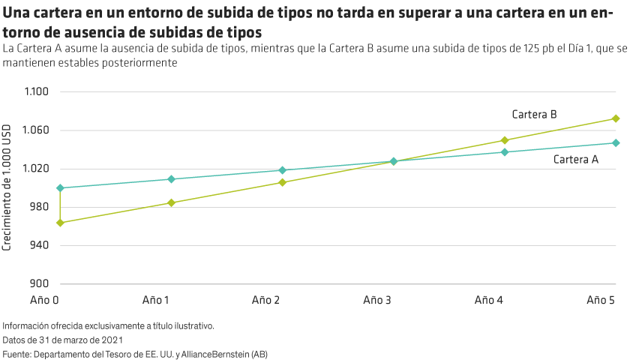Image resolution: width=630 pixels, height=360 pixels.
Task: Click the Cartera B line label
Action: point(533,115)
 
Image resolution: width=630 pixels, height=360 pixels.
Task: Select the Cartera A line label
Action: point(575,159)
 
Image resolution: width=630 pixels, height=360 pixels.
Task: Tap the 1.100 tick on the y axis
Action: point(35,91)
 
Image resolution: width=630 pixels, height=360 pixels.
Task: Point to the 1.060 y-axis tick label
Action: point(35,130)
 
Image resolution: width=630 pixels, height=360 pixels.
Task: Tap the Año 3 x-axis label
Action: point(376,300)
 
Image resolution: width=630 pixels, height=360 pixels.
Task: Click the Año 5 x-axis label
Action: point(601,300)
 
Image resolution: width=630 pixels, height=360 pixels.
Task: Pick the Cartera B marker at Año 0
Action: point(60,223)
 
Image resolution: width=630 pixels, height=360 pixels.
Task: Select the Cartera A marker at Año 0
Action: point(60,187)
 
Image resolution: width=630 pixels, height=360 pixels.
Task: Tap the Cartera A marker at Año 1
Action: point(171,179)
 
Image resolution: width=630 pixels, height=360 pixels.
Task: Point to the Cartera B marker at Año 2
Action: point(282,182)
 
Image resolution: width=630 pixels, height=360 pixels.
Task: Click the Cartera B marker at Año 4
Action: point(505,140)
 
